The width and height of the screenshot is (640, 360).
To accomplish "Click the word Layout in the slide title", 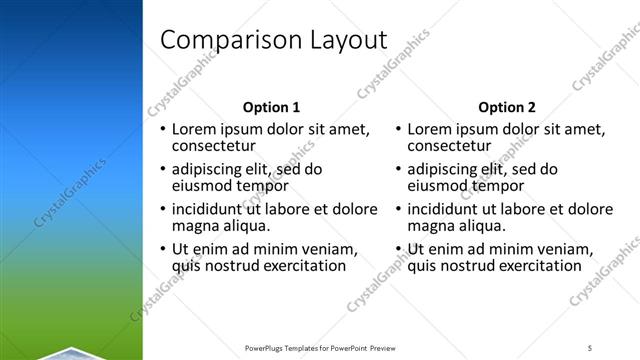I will [345, 40].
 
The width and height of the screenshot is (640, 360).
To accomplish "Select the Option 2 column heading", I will [507, 107].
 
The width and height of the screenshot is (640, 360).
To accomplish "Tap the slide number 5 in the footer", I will [590, 347].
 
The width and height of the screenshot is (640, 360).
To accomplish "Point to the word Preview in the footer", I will [388, 347].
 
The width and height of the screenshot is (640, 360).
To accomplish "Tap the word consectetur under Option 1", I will [214, 145].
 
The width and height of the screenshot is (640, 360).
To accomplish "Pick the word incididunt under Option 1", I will [214, 209].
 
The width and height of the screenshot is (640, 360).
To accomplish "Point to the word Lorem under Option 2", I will [431, 129].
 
